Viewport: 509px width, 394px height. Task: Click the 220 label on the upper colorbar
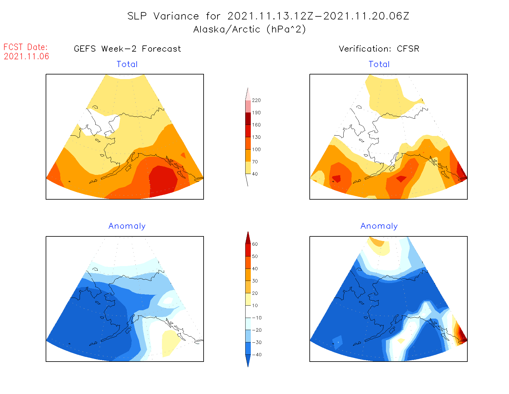[256, 100]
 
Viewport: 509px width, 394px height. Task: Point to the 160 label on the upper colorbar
[256, 125]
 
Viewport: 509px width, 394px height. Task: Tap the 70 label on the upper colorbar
[255, 162]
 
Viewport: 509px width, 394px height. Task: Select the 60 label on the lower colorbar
[255, 244]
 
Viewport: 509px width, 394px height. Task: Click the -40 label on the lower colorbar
[257, 355]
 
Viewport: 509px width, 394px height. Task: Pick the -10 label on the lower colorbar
[257, 318]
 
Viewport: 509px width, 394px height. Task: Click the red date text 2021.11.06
[27, 56]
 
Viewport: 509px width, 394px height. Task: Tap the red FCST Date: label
[26, 47]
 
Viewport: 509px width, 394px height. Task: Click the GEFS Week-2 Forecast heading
[127, 49]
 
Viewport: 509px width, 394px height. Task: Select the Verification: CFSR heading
[379, 49]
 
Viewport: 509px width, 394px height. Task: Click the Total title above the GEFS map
[127, 64]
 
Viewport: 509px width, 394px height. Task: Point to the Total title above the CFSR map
[379, 64]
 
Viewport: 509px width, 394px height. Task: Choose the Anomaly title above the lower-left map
[127, 226]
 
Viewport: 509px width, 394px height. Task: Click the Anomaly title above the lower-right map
[379, 226]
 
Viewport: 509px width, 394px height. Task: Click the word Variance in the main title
[176, 16]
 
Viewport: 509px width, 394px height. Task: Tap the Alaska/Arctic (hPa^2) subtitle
[250, 29]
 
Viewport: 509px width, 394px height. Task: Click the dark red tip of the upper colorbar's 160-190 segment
[248, 119]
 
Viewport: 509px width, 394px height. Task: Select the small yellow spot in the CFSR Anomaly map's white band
[401, 341]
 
